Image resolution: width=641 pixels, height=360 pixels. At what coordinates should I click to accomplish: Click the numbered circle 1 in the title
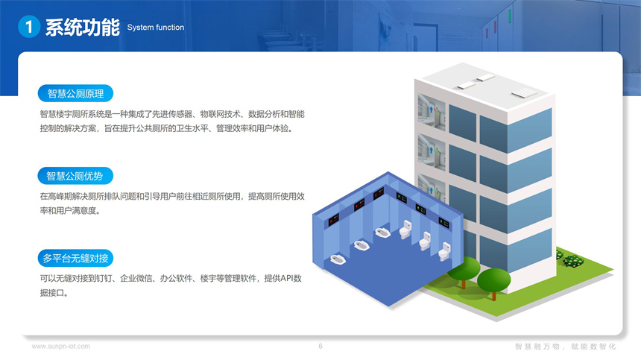pos(28,28)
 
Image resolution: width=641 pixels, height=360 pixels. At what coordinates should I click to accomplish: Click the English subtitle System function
pos(155,28)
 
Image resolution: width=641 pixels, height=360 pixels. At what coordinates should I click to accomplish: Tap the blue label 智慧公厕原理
pos(75,94)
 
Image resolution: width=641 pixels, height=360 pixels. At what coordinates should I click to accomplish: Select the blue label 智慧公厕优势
pos(75,176)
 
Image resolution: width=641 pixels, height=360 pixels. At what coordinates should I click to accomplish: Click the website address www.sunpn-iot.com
pos(60,347)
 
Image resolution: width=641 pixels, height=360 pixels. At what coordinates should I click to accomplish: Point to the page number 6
pos(320,347)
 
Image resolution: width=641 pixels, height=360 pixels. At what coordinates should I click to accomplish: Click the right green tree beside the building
pos(493,282)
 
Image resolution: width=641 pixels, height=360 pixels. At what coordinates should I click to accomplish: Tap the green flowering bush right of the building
pos(572,260)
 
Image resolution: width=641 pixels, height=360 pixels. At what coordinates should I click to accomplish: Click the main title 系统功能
pos(81,28)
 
